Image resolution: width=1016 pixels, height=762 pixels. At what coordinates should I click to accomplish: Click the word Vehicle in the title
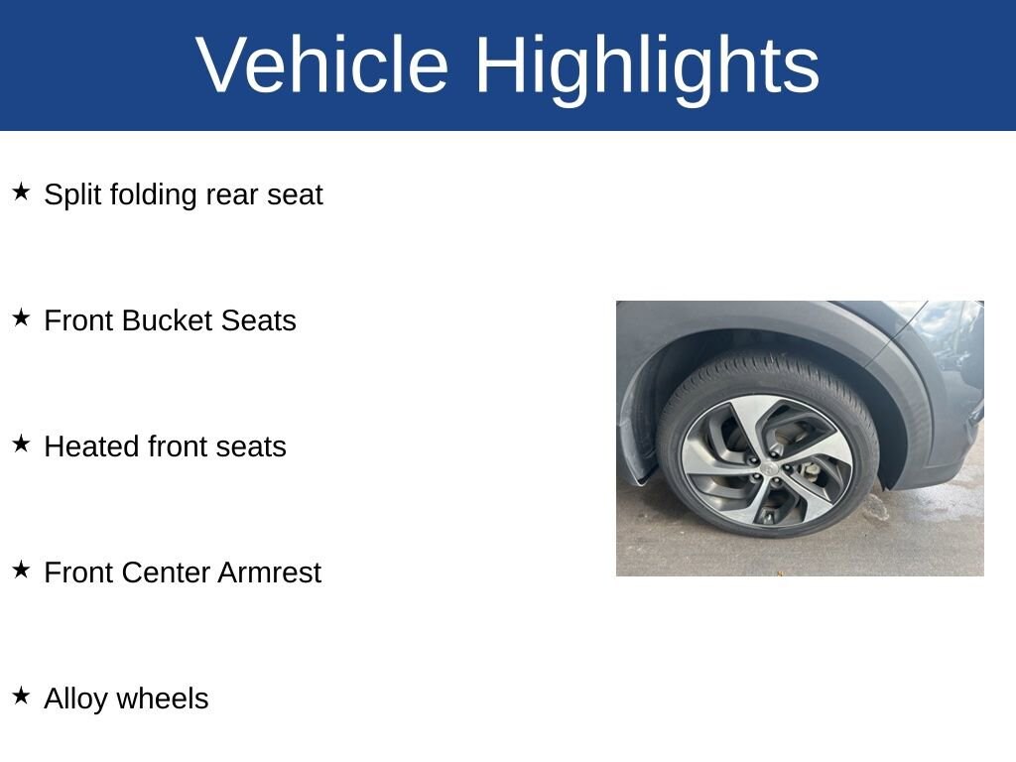(322, 64)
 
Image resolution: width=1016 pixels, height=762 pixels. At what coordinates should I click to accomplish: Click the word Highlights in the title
(647, 69)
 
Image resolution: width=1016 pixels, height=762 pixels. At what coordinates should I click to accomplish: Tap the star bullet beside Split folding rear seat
(21, 191)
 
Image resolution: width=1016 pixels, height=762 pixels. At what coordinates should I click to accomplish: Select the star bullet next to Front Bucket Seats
(21, 317)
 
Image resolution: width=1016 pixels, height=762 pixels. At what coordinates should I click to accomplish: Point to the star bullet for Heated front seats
(21, 444)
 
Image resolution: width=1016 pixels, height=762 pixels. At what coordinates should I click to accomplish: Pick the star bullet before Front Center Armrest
(21, 570)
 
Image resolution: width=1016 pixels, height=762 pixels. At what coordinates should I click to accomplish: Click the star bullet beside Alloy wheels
(21, 696)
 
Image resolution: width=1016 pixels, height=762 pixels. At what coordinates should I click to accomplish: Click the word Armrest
(270, 572)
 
